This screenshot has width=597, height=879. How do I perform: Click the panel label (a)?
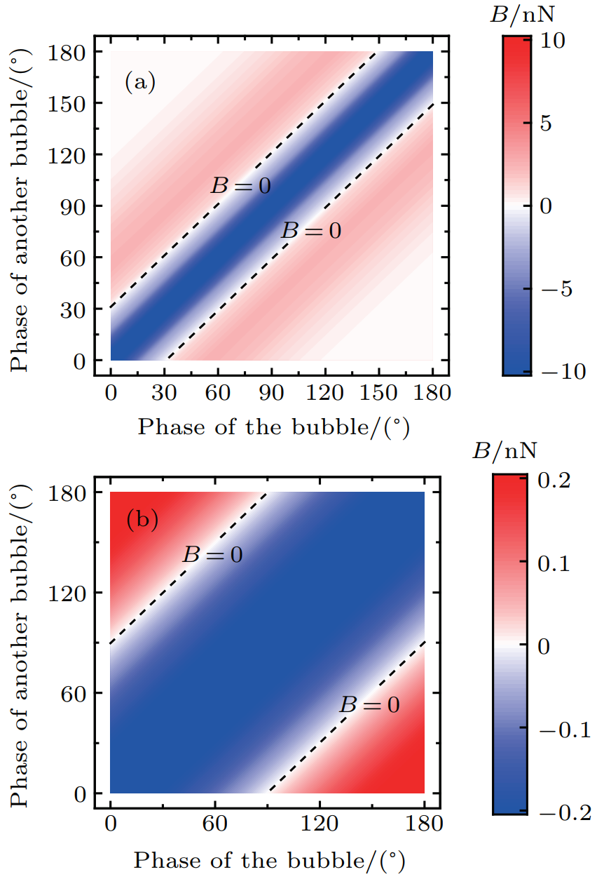coord(139,83)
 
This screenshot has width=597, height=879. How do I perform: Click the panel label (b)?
coord(142,521)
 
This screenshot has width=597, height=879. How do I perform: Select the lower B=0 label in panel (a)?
coord(310,230)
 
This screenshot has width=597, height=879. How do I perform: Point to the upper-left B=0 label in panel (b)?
coord(212,555)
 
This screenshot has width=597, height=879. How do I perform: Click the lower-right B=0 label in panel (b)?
coord(369,704)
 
